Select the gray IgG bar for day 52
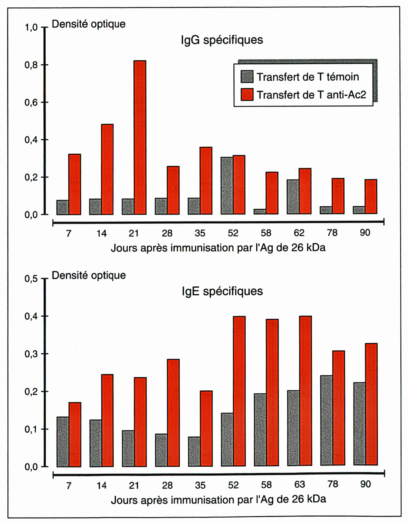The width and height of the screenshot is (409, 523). [227, 186]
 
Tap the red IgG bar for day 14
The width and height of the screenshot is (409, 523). [107, 169]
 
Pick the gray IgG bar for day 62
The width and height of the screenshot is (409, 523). [293, 197]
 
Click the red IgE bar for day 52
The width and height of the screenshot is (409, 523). [239, 391]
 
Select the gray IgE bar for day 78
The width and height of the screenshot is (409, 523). [326, 420]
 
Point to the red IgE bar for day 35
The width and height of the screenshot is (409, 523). [206, 428]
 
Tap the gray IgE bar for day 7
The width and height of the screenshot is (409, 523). [63, 441]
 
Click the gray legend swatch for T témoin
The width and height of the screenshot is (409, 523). [247, 77]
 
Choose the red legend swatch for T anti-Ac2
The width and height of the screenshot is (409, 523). [247, 95]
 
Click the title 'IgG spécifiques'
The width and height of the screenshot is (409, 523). [222, 40]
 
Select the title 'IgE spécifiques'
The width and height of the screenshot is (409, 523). [222, 291]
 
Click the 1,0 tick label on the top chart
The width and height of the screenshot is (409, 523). [31, 28]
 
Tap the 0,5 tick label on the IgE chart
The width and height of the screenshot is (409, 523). [31, 279]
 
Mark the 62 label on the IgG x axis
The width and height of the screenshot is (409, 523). [299, 233]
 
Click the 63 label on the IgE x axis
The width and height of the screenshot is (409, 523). [299, 484]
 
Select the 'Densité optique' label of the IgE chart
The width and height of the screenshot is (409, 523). [88, 275]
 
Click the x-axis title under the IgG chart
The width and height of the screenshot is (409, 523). [218, 248]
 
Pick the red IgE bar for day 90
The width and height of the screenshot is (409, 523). [371, 404]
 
